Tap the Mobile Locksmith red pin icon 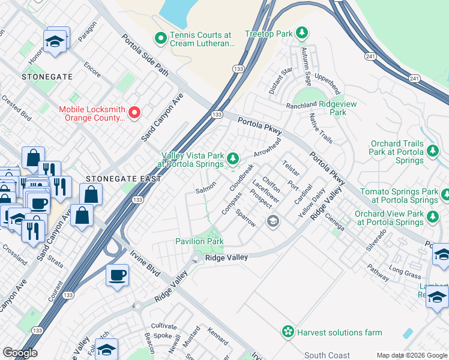point(135,112)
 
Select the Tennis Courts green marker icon point(160,39)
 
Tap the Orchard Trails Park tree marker point(433,152)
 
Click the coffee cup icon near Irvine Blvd point(117,275)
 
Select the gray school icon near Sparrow point(273,222)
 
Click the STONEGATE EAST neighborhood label point(123,179)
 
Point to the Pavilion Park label point(199,241)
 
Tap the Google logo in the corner point(20,353)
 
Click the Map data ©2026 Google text point(411,355)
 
